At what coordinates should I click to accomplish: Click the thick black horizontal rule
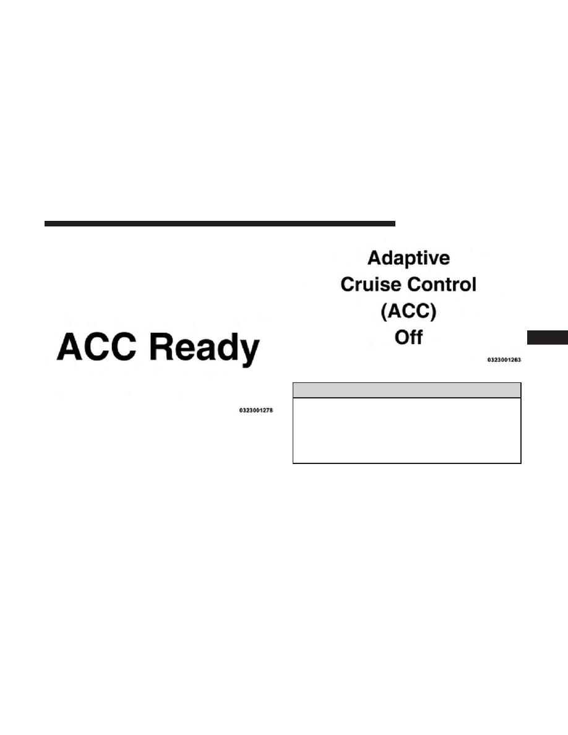coord(220,223)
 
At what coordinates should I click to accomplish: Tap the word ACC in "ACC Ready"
coord(97,347)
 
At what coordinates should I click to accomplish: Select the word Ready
coord(204,349)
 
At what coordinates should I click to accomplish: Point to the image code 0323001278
coord(256,410)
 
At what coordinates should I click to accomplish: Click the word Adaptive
coord(408,259)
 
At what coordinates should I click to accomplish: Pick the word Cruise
coord(372,285)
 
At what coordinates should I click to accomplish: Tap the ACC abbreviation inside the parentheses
coord(408,311)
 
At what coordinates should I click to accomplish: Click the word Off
coord(408,337)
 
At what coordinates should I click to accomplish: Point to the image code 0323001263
coord(504,359)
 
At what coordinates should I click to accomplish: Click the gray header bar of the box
coord(407,390)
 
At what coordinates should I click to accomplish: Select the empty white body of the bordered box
coord(407,431)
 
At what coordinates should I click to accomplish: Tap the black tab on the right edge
coord(548,338)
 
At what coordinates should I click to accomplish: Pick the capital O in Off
coord(402,338)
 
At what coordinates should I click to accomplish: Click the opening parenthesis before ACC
coord(384,312)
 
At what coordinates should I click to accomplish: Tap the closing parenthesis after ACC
coord(433,312)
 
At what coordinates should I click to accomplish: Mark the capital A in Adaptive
coord(375,258)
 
